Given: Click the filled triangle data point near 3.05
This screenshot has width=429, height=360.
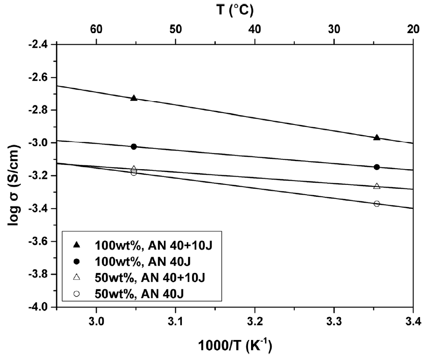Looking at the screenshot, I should click(134, 98).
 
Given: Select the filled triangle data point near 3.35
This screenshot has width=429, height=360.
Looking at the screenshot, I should click(376, 138).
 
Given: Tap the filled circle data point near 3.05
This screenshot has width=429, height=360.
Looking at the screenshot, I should click(134, 147).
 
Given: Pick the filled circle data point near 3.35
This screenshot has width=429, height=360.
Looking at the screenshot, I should click(376, 167).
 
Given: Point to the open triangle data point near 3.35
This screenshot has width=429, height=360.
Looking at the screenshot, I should click(376, 186).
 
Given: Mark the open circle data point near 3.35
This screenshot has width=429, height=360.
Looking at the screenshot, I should click(376, 204).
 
